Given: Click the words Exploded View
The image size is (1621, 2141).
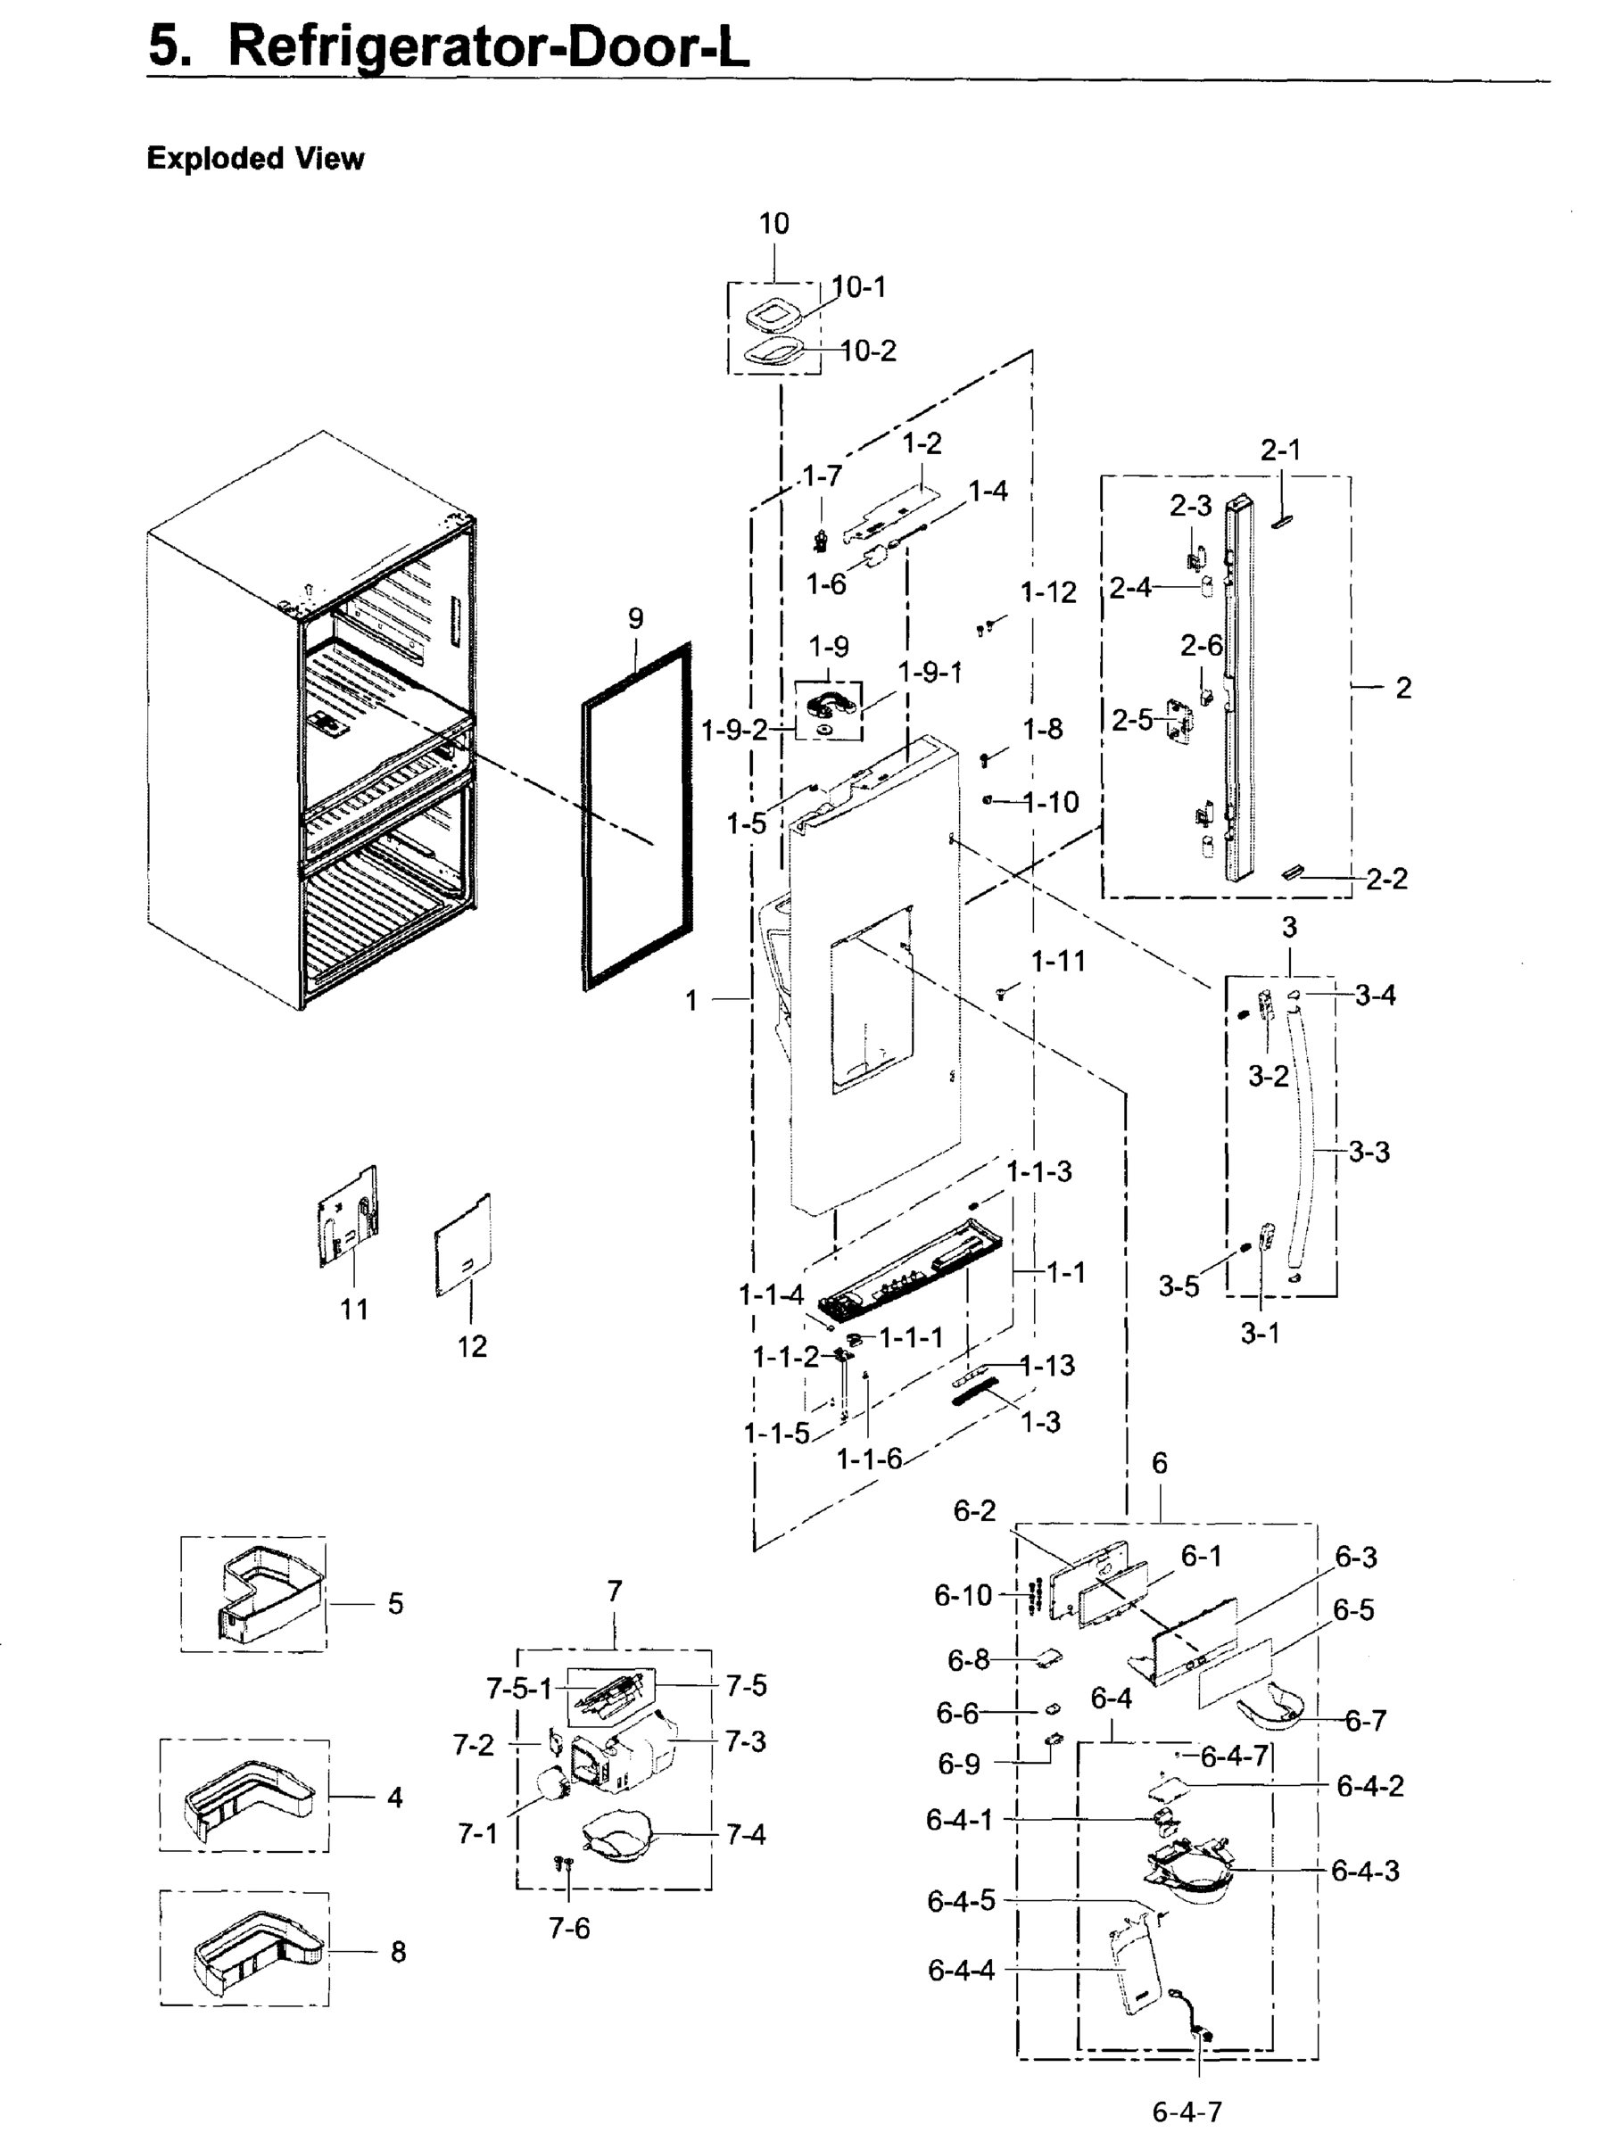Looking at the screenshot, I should coord(254,159).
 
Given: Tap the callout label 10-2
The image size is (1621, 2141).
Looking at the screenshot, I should coord(868,351).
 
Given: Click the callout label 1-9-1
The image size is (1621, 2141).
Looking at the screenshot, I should coord(929,672).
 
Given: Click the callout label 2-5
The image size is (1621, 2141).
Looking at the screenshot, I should coord(1131,720).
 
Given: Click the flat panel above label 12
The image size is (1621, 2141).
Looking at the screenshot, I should coord(464,1246).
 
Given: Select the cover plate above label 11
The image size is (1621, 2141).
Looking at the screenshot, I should coord(347,1218).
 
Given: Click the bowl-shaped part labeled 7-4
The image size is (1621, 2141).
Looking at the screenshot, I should coord(617,1836).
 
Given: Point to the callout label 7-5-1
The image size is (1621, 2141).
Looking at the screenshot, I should coord(517,1689).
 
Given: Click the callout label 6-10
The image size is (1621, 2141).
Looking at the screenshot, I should coord(963,1595).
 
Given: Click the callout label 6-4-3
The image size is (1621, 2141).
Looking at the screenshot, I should coord(1365,1870).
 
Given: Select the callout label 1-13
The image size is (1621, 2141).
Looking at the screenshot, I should coord(1047,1366).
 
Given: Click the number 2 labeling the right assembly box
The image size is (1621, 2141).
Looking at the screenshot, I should coord(1402,688).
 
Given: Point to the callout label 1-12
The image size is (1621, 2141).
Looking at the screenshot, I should coord(1048,592).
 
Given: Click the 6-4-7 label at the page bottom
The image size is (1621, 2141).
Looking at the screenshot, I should coord(1187,2112).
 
